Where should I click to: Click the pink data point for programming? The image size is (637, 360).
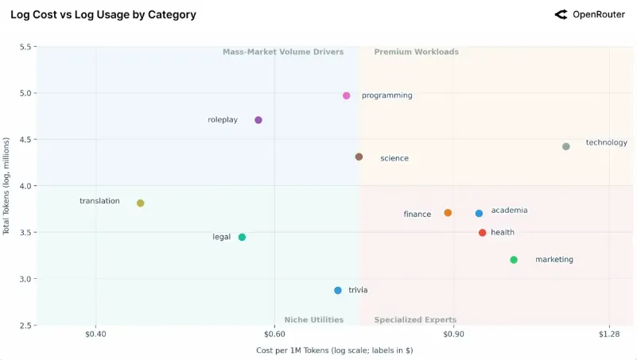(x=347, y=95)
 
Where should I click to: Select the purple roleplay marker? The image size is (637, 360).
(x=258, y=120)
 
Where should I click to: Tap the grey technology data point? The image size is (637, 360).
(x=566, y=146)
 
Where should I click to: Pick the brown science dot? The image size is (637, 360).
(x=359, y=157)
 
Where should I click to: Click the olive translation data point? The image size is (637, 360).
(x=141, y=203)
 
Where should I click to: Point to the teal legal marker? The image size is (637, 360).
(x=243, y=237)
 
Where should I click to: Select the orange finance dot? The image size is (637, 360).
(x=449, y=213)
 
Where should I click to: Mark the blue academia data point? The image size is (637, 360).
(x=480, y=213)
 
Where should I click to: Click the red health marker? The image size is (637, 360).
(x=483, y=233)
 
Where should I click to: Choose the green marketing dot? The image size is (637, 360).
(x=514, y=260)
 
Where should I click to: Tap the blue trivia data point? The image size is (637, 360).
(x=338, y=290)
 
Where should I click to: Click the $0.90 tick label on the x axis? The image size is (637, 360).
(x=454, y=335)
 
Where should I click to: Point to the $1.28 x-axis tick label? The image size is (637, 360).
(x=609, y=335)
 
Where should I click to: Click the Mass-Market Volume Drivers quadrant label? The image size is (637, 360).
(x=283, y=52)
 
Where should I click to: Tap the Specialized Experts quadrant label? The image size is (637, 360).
(x=415, y=319)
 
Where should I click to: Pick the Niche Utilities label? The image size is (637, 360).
(x=314, y=319)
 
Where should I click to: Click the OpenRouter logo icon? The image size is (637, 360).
(x=561, y=14)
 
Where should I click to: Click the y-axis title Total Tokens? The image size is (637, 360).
(x=7, y=184)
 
